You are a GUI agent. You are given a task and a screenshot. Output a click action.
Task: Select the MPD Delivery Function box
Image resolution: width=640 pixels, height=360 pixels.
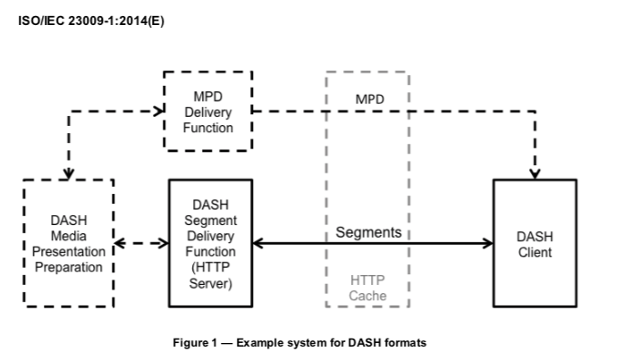[207, 112]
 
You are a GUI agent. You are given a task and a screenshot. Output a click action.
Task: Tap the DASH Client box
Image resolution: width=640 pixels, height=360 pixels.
[535, 244]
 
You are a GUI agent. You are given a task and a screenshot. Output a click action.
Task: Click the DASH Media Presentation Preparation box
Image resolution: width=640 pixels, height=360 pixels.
[69, 243]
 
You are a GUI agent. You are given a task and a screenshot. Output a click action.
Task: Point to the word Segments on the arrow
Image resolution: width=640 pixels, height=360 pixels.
[368, 232]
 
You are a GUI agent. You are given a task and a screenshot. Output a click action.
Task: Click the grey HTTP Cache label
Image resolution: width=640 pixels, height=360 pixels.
[367, 288]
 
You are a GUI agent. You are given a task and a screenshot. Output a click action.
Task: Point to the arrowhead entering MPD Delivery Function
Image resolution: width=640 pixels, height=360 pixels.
[159, 112]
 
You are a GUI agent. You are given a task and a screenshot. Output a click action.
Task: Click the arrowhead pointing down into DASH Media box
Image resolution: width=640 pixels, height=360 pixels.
[69, 172]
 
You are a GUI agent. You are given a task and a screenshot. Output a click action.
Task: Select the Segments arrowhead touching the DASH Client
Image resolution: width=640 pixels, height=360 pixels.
[487, 243]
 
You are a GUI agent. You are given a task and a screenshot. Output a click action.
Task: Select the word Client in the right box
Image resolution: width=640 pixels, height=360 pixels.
[535, 252]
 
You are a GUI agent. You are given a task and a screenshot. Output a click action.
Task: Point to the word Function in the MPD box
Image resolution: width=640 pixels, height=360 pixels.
[207, 128]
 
